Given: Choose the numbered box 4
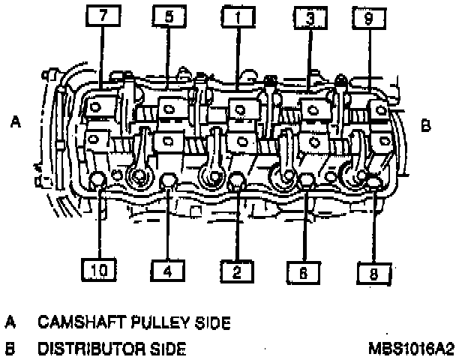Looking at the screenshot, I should click(x=168, y=271).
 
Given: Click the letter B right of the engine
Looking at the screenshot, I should click(x=426, y=126).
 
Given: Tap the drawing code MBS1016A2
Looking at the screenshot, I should click(x=411, y=348).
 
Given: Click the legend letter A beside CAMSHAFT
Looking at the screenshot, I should click(x=11, y=322).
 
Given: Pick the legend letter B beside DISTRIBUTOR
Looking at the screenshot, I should click(x=11, y=348).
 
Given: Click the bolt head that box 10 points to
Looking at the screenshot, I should click(x=98, y=180).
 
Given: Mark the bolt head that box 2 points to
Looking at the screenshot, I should click(x=237, y=181).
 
